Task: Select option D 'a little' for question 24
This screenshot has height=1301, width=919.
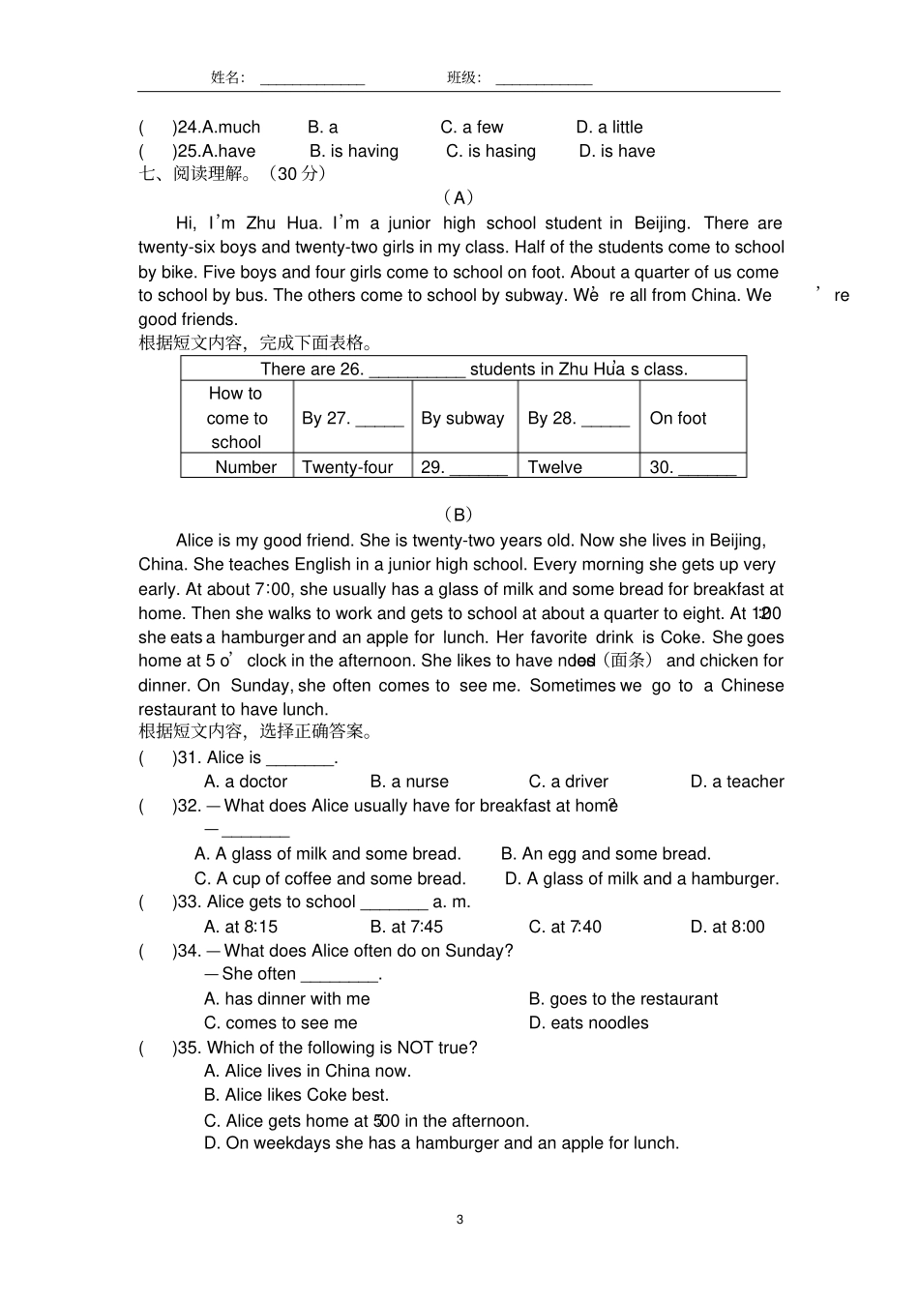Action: click(609, 127)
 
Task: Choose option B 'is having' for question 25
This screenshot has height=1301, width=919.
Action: click(354, 151)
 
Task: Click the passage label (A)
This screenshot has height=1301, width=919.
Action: click(459, 198)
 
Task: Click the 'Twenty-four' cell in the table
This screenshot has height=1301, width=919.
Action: click(347, 467)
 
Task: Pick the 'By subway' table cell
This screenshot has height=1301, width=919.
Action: click(462, 418)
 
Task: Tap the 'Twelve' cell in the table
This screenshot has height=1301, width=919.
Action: click(554, 467)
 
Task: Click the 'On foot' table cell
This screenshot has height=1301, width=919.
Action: click(678, 418)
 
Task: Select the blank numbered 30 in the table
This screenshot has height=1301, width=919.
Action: click(706, 469)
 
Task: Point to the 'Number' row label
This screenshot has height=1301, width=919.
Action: click(246, 467)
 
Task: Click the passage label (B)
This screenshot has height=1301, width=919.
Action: click(459, 515)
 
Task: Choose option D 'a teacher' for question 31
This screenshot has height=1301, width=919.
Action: click(737, 782)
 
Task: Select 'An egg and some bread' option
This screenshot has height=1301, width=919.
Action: click(606, 853)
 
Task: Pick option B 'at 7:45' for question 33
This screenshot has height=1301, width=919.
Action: click(406, 927)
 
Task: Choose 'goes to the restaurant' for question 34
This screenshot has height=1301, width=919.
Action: click(623, 999)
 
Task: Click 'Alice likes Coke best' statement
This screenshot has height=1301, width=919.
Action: click(296, 1095)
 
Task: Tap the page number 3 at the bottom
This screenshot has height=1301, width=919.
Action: click(459, 1219)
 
